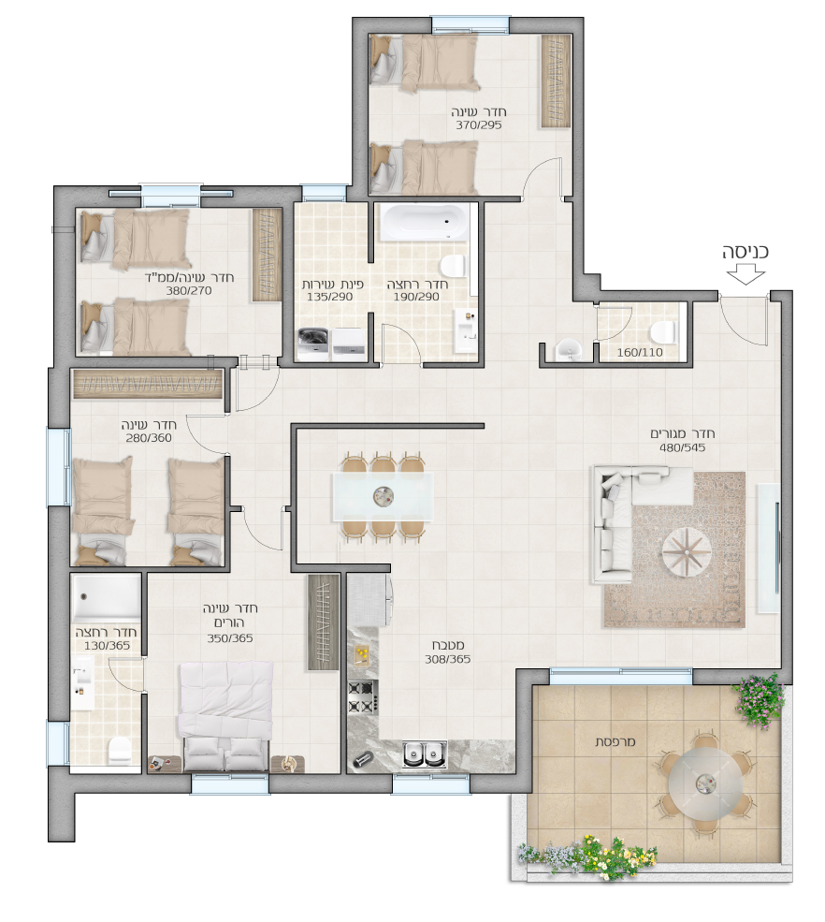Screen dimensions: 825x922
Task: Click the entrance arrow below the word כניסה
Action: [x=745, y=275]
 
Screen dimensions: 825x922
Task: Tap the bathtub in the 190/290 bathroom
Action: [x=424, y=222]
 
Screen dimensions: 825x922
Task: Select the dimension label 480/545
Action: [x=682, y=447]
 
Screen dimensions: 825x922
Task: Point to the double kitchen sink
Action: [x=425, y=754]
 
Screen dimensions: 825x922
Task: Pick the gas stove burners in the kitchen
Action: [x=363, y=696]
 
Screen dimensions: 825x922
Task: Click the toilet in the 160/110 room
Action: [x=663, y=331]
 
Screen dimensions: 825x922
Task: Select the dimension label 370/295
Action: [x=479, y=124]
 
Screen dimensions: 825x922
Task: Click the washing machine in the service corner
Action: [x=314, y=344]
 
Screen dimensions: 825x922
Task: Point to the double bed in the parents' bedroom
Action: [x=225, y=716]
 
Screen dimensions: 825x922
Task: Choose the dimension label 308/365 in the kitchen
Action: [x=448, y=659]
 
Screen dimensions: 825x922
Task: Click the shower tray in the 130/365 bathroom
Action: [x=106, y=596]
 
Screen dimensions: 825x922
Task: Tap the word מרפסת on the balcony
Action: [x=615, y=742]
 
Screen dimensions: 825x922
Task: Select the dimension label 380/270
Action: [x=188, y=290]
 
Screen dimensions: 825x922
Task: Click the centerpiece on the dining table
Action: [x=384, y=497]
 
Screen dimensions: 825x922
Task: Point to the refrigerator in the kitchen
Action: [x=369, y=600]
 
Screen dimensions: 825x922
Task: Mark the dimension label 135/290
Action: [x=329, y=297]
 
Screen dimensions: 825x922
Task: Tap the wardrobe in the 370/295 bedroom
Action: [x=556, y=80]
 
